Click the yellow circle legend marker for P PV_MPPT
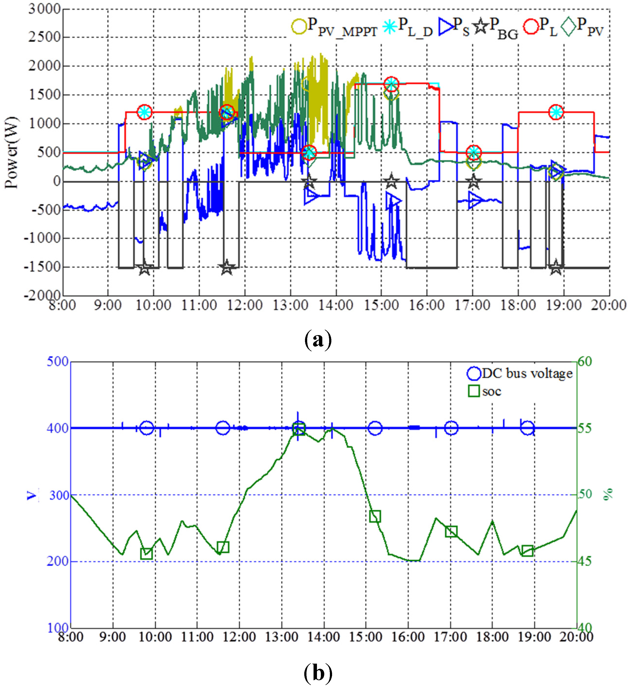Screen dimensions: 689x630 pos(299,26)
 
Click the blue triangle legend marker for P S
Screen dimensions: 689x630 pos(446,26)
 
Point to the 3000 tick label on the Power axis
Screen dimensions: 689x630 pos(44,9)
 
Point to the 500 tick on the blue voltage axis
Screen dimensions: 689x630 pos(57,362)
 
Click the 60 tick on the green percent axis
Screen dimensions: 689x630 pos(585,362)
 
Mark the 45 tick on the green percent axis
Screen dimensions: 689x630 pos(585,561)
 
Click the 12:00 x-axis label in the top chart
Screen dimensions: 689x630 pos(245,305)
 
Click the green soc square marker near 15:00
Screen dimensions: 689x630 pos(375,516)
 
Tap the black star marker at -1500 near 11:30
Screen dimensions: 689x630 pos(227,267)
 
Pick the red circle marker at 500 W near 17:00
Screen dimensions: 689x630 pos(473,152)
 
